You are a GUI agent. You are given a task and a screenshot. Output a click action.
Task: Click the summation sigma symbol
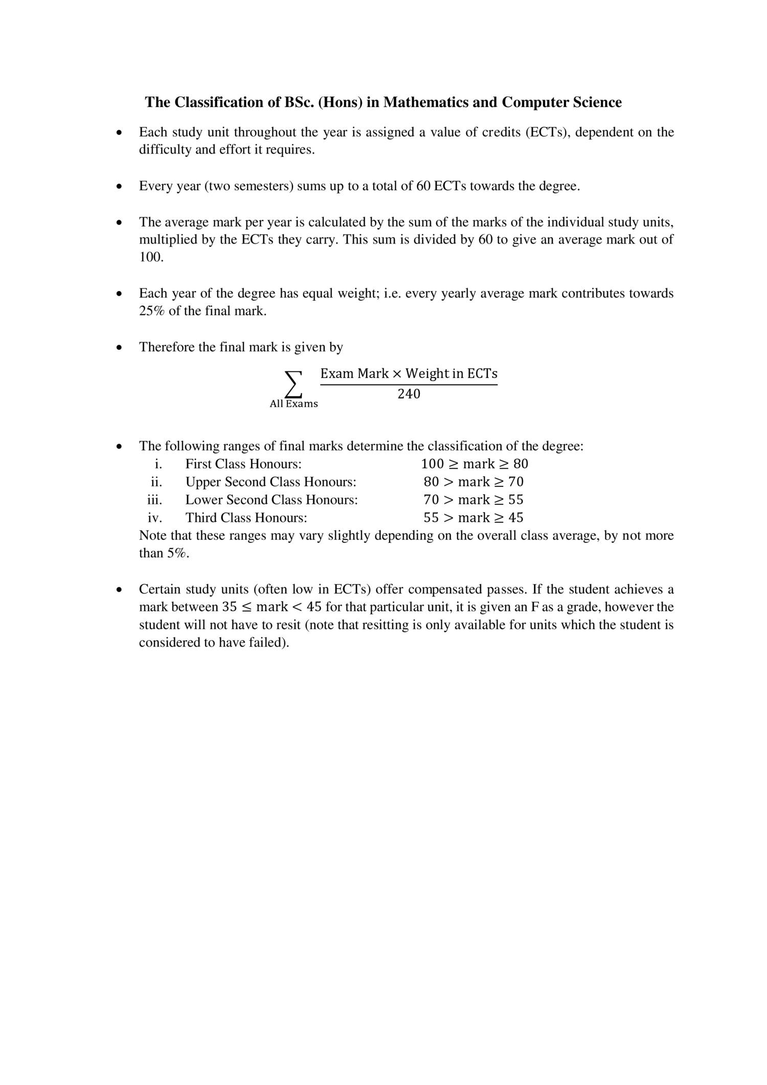[293, 384]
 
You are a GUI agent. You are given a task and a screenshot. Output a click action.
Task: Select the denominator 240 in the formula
[409, 394]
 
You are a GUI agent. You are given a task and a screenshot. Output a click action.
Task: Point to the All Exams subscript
[294, 404]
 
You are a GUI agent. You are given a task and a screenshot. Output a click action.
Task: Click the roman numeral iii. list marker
[155, 500]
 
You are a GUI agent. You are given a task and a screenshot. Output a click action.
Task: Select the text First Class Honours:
[243, 464]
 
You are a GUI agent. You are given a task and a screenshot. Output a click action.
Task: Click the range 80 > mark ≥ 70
[473, 482]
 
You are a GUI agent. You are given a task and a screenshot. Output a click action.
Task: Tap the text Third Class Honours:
[246, 518]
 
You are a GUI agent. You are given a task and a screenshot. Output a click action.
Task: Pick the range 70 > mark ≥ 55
[473, 500]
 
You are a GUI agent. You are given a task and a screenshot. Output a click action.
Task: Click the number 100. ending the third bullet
[151, 257]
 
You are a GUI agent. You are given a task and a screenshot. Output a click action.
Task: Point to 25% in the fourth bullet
[151, 311]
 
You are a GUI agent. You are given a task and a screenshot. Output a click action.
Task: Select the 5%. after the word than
[178, 553]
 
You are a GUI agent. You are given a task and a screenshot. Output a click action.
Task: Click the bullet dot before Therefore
[119, 348]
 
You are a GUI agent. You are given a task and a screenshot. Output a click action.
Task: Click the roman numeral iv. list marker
[155, 518]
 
